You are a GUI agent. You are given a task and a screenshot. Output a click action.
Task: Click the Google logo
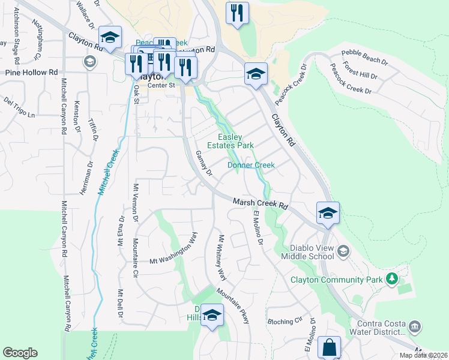[x=20, y=353]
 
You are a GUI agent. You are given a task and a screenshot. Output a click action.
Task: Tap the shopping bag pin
[x=329, y=347]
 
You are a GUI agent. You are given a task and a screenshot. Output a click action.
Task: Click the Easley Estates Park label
[x=231, y=141]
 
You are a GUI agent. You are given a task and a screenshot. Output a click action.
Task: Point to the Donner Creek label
[x=251, y=165]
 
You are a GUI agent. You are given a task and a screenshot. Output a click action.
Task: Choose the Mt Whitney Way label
[x=221, y=257]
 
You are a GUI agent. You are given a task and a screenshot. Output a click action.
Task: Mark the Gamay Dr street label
[x=204, y=163]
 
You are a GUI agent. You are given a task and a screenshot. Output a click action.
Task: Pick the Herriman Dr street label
[x=83, y=178]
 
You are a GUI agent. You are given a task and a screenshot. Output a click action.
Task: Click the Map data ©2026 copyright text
[x=423, y=355]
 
